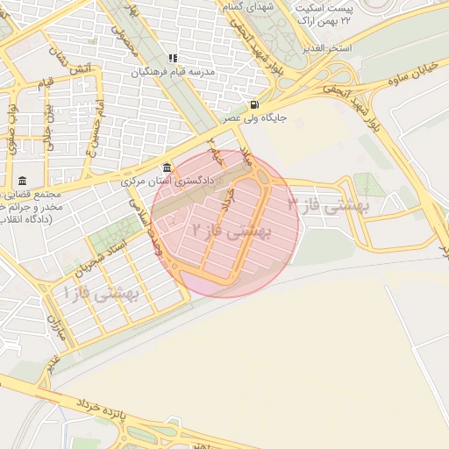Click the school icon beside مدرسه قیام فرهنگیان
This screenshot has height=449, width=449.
click(173, 59)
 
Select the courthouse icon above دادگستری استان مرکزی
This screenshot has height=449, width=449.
click(167, 167)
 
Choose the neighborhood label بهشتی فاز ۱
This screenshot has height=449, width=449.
click(103, 294)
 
